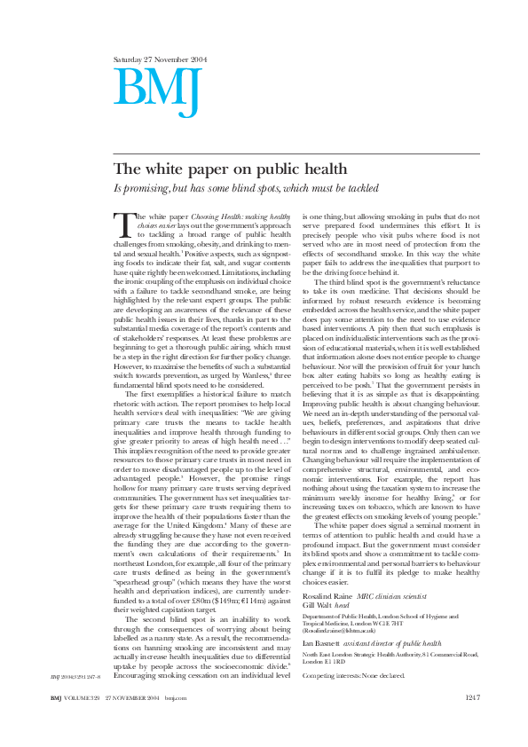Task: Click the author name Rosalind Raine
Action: click(x=327, y=596)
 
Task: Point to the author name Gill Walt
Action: click(x=319, y=605)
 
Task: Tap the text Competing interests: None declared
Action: click(x=354, y=675)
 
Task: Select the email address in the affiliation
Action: click(x=343, y=630)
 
